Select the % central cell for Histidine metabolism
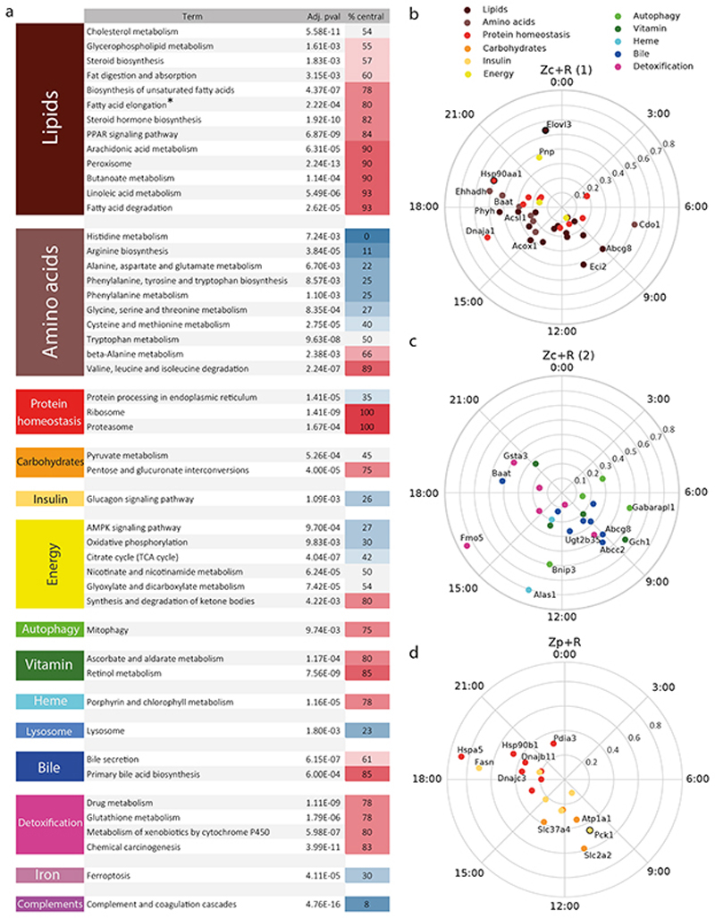click(x=366, y=234)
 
